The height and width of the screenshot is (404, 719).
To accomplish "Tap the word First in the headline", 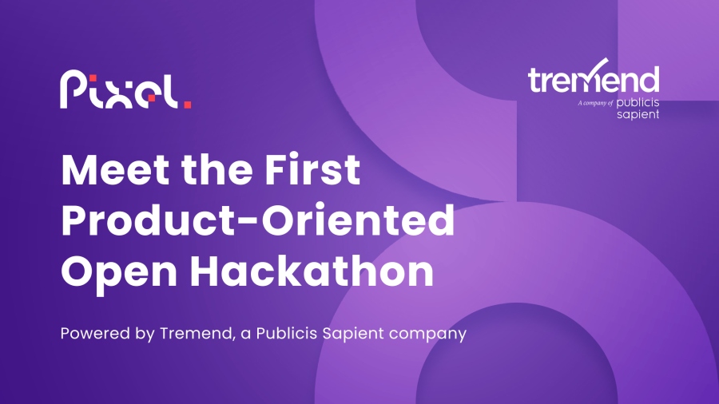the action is (312, 169).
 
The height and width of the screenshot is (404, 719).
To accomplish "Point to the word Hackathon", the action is (312, 269).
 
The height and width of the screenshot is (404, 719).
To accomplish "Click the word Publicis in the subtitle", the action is (287, 333).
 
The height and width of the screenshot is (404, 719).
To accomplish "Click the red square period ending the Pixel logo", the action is (188, 105).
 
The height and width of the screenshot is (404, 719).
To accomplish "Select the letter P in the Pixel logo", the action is (73, 89).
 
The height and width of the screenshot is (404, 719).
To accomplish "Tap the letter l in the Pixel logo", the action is (172, 92).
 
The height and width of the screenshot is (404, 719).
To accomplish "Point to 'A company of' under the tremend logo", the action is (595, 103).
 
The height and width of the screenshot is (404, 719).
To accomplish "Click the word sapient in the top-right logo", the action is (638, 114).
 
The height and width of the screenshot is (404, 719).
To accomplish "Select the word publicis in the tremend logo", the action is (638, 103).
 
